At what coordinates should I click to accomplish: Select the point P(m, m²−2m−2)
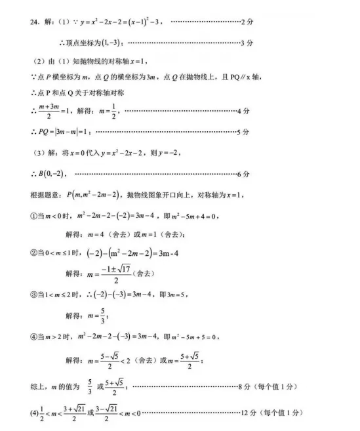(93, 195)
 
